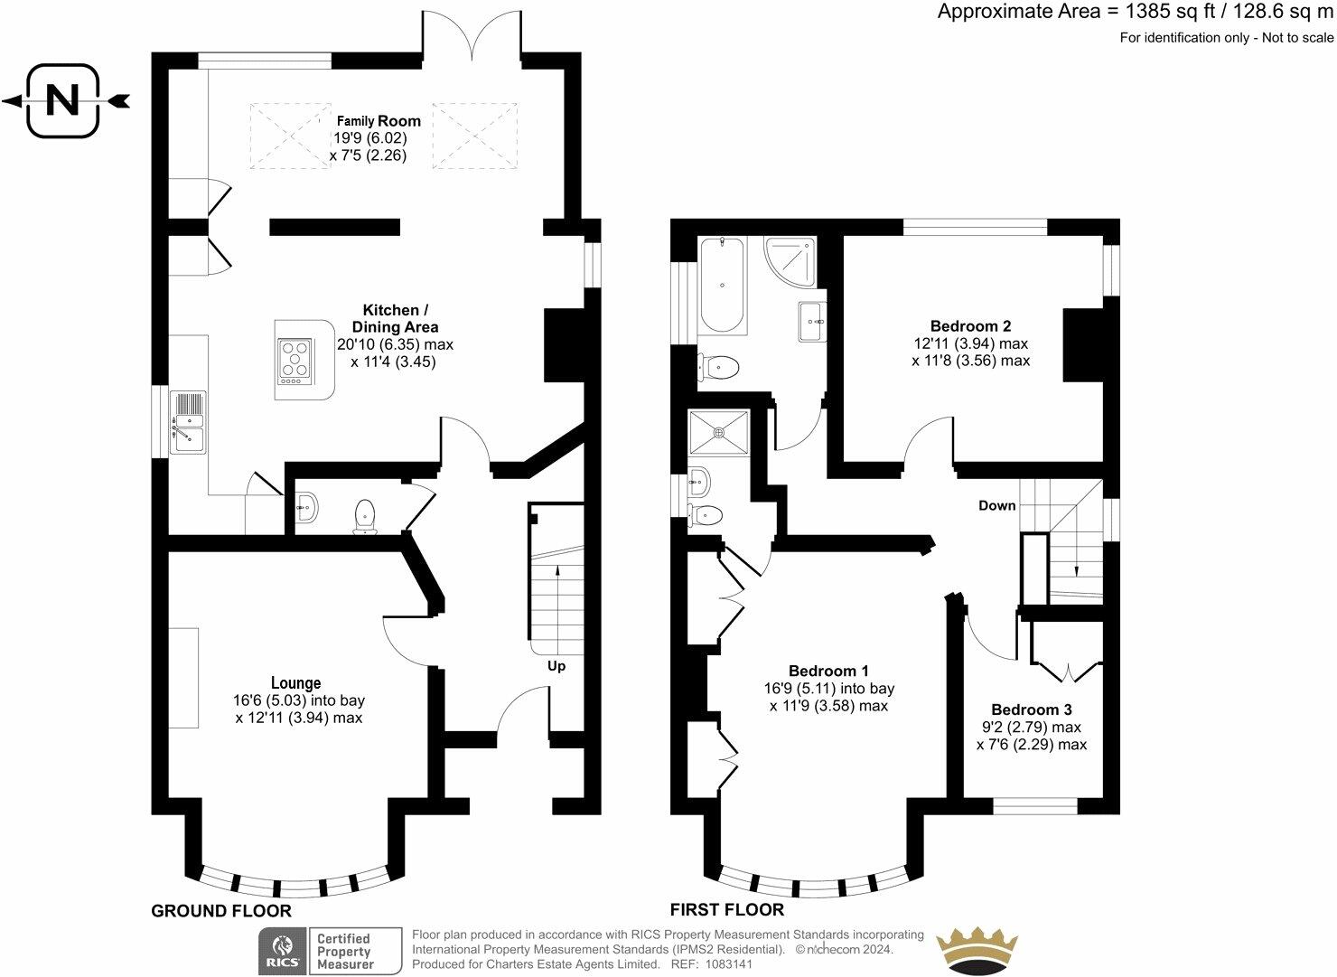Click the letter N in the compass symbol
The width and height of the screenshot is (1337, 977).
click(62, 101)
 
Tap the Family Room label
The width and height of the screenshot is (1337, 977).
click(379, 121)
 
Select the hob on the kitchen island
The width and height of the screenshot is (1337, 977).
click(295, 362)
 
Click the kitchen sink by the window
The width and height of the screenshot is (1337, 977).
click(188, 422)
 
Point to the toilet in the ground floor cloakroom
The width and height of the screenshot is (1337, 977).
click(365, 517)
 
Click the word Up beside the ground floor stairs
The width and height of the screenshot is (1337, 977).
click(556, 666)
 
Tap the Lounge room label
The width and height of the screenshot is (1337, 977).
click(296, 682)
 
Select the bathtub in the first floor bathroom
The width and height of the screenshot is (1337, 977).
click(723, 286)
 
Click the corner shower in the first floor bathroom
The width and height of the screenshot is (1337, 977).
click(790, 262)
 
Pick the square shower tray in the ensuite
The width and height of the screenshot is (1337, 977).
click(719, 432)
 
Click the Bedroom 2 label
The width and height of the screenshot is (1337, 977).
click(970, 326)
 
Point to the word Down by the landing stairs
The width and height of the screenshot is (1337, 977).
click(996, 506)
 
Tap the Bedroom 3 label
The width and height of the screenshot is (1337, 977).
click(1032, 709)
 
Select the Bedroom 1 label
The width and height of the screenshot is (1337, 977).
click(828, 671)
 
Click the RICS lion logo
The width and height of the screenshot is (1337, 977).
click(283, 952)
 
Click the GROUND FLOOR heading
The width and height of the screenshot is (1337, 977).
click(221, 911)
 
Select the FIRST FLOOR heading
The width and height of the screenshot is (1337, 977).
click(727, 909)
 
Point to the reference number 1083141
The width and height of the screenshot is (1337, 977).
click(728, 963)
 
